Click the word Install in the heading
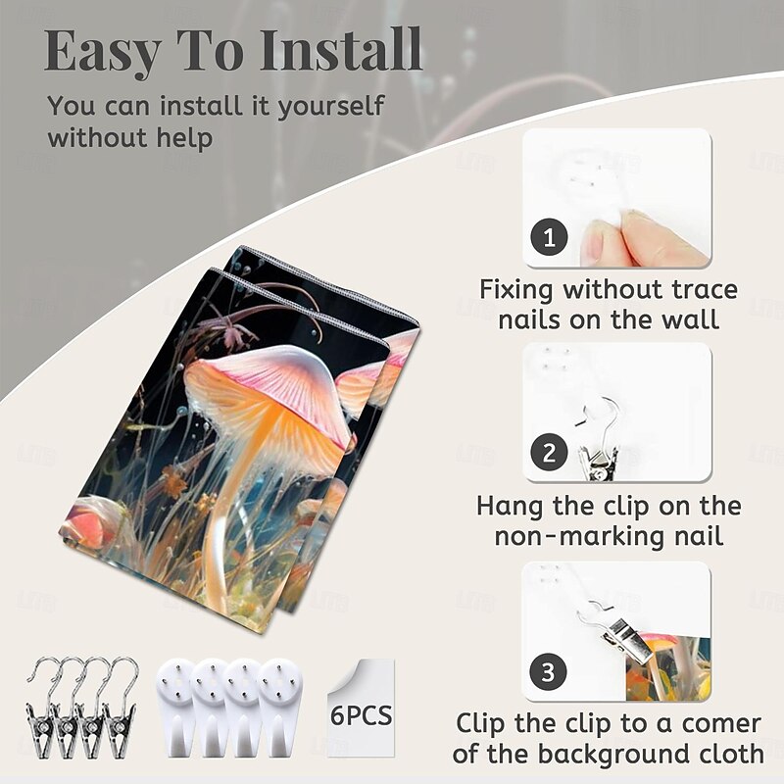(341, 50)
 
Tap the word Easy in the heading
(103, 53)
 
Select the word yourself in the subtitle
(331, 108)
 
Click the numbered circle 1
(549, 237)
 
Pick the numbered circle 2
(549, 452)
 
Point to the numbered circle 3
(548, 671)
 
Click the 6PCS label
(361, 715)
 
